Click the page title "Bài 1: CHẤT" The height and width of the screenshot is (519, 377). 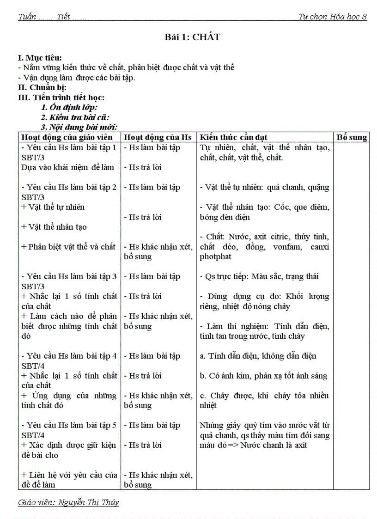192,37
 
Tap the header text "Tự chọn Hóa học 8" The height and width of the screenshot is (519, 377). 332,17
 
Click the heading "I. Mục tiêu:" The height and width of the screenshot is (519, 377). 40,58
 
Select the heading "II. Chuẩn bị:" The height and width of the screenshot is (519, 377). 42,87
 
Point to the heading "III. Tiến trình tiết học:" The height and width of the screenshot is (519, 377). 61,98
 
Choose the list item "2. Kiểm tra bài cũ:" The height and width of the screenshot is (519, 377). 75,117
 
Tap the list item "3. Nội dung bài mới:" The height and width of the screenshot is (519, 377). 79,127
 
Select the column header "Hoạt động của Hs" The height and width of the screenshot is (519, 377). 158,137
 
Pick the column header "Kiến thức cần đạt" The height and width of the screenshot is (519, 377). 234,137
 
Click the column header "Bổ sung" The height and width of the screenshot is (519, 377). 352,137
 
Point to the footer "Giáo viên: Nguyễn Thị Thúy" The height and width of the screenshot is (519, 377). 68,502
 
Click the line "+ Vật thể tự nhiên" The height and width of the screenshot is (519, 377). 53,207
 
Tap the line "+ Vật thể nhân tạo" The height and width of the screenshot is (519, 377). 54,227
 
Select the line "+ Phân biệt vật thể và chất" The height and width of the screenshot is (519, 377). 68,247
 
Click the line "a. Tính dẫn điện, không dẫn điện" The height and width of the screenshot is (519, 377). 258,356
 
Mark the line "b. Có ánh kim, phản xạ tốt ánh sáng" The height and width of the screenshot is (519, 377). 263,376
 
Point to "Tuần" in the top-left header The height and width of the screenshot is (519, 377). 27,17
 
